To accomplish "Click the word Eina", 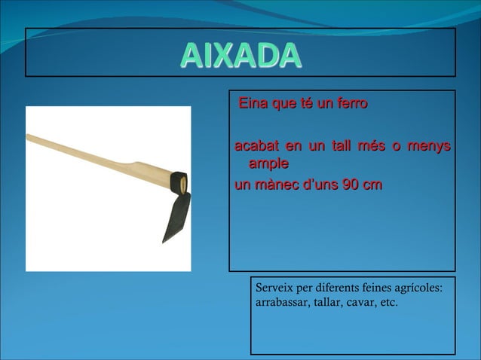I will pyautogui.click(x=253, y=104).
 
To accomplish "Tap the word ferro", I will pyautogui.click(x=351, y=104).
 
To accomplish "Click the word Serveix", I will pyautogui.click(x=274, y=288).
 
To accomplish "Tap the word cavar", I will pyautogui.click(x=363, y=303).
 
